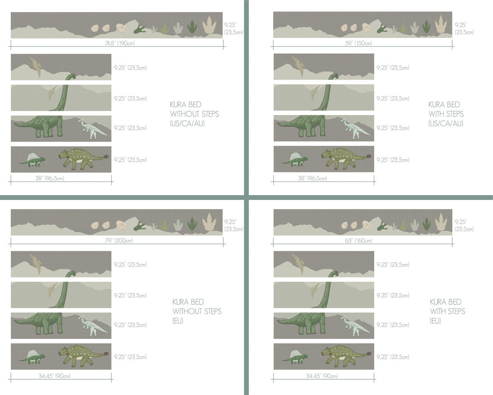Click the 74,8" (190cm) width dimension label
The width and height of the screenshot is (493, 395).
120,43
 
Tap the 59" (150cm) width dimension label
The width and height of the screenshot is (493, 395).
359,43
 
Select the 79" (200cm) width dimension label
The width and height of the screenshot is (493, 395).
119,241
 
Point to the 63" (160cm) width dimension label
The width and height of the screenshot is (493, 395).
359,241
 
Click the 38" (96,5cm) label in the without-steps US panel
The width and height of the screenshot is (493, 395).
50,178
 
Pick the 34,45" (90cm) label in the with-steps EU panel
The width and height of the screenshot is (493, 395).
322,376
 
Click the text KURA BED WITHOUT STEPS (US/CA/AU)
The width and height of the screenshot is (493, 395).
194,114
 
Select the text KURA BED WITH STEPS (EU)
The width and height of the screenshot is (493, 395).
447,311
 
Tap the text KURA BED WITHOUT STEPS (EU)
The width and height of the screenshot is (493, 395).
197,311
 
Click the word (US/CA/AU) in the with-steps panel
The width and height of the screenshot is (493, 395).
446,123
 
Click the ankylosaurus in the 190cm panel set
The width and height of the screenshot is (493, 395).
84,159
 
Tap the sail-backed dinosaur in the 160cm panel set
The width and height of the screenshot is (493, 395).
294,357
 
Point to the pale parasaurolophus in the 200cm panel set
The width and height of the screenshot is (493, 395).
92,326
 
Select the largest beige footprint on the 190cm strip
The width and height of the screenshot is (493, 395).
209,26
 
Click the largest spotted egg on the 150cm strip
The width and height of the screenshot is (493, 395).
367,28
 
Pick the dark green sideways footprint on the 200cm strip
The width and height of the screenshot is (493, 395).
140,226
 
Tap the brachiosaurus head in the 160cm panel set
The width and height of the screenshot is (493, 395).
335,273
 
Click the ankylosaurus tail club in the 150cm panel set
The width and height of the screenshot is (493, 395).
369,156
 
